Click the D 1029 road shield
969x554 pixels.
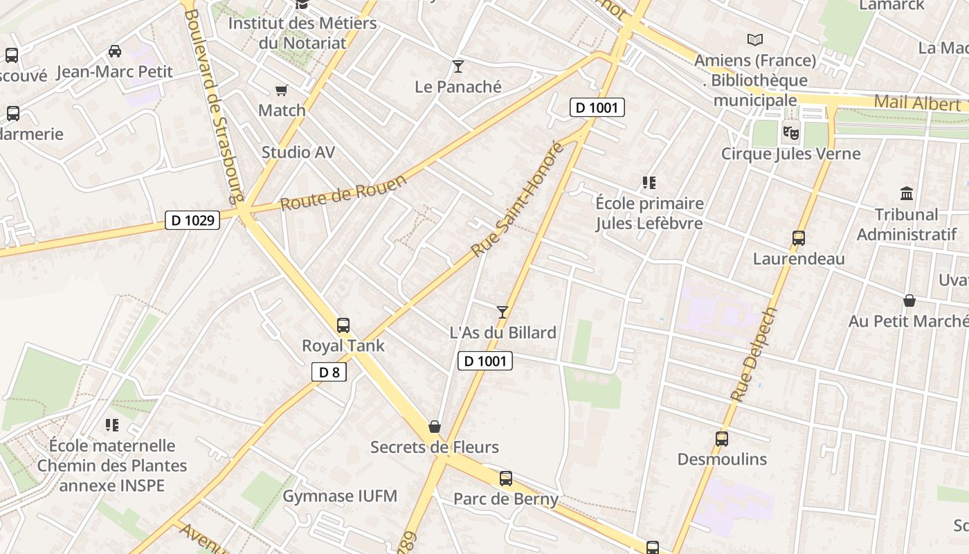[x=193, y=220]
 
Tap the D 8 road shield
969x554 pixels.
[x=329, y=372]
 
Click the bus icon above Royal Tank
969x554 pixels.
[x=343, y=325]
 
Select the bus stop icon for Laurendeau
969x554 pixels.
[x=799, y=238]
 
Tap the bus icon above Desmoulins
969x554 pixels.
[x=721, y=438]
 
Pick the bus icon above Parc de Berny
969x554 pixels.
[x=505, y=478]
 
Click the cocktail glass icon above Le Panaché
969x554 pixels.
[x=458, y=66]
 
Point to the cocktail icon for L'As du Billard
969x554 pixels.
[x=502, y=312]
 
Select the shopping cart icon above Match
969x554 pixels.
[x=281, y=90]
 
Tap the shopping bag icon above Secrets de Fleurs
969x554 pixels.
[x=434, y=427]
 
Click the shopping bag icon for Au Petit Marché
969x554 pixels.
[x=909, y=301]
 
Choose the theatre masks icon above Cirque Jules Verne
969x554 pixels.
[x=790, y=132]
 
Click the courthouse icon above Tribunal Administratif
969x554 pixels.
[x=907, y=193]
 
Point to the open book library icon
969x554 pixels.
[x=754, y=40]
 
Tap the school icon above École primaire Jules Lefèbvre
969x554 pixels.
[x=649, y=183]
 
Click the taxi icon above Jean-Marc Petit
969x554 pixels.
[x=115, y=51]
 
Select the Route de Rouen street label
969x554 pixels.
[x=343, y=193]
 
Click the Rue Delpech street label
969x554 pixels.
[x=754, y=355]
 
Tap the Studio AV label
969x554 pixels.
[x=298, y=152]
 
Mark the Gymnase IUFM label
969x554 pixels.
[x=340, y=496]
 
